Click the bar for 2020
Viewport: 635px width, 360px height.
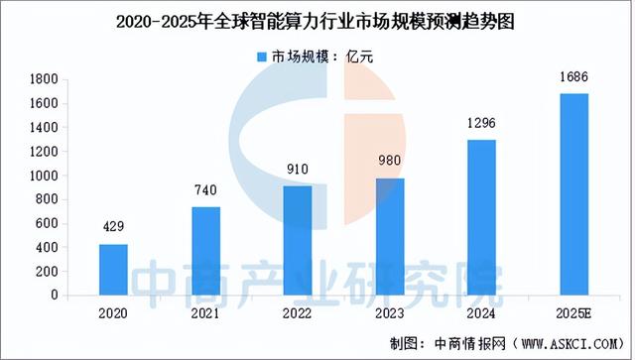[x=113, y=269]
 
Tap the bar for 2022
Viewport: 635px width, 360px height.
[x=298, y=240]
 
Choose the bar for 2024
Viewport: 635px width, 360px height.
[x=480, y=217]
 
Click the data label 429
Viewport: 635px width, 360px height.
[x=113, y=226]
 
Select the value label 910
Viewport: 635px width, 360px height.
[x=298, y=169]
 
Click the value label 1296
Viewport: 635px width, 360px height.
[x=480, y=123]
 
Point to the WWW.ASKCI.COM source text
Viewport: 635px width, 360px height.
[x=563, y=343]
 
